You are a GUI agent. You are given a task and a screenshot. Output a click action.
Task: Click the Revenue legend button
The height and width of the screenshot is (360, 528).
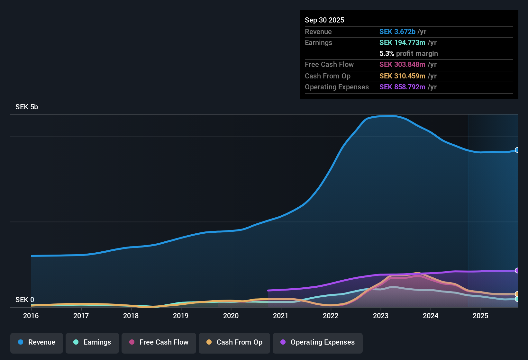pos(37,342)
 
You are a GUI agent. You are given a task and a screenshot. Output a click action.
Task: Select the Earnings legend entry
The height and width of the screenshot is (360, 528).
pos(92,342)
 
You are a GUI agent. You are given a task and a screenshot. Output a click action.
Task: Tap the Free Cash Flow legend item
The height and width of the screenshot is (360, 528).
pos(159,342)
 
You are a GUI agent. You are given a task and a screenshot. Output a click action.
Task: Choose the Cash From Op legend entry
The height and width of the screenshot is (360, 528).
pos(234,342)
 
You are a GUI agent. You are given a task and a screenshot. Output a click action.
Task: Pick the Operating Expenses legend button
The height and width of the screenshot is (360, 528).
pos(318,342)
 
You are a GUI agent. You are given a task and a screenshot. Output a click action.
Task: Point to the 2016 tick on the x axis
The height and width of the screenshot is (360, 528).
pos(31,316)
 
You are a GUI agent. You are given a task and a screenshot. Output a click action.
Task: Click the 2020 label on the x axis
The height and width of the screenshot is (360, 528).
pos(231,316)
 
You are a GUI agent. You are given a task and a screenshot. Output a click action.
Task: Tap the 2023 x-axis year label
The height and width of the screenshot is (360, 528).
pos(381,316)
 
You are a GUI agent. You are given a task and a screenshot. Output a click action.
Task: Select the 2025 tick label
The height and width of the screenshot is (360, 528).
pos(480,316)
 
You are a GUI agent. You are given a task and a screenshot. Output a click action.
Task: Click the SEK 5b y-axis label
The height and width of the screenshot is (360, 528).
pos(27,107)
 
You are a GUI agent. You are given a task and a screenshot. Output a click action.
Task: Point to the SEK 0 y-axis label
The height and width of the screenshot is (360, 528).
pos(25,300)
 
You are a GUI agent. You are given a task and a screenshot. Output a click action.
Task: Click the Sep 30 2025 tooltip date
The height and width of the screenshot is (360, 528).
pos(324,20)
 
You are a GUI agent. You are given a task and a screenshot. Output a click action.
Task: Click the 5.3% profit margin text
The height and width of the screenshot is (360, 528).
pos(408,54)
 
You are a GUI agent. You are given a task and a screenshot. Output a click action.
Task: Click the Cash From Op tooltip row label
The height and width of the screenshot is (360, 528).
pos(327,76)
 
